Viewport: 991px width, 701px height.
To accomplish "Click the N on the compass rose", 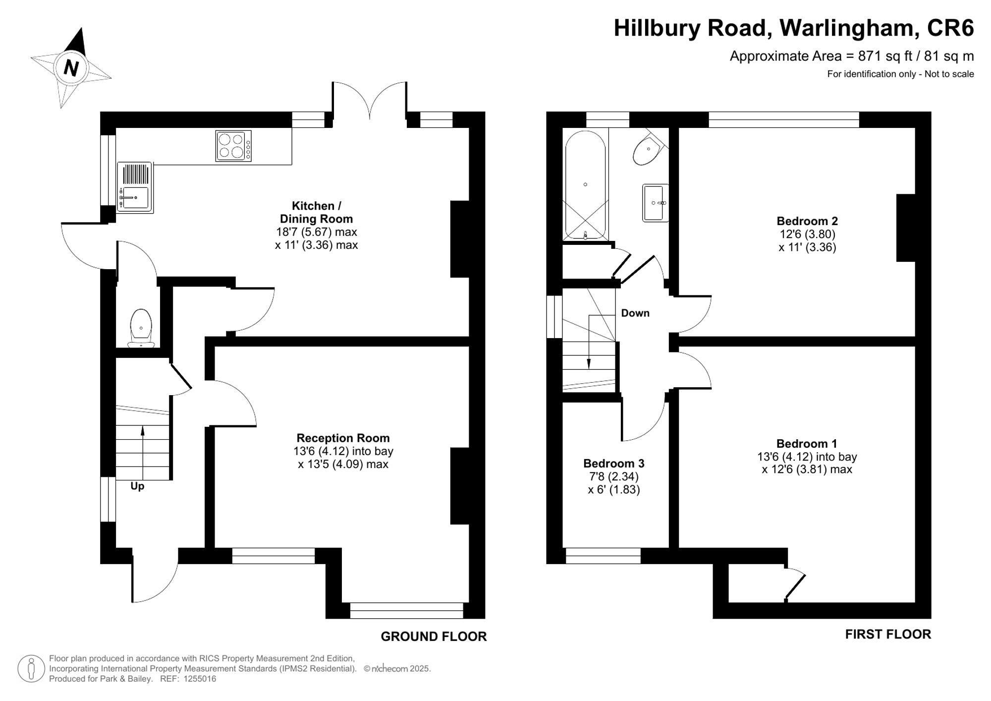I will pyautogui.click(x=71, y=67).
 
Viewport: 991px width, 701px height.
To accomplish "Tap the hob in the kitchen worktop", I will pyautogui.click(x=233, y=146).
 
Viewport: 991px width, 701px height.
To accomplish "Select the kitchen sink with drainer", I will pyautogui.click(x=135, y=188).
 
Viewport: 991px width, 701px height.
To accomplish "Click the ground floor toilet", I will pyautogui.click(x=141, y=328).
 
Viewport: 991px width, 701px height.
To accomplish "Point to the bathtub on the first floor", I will pyautogui.click(x=585, y=184).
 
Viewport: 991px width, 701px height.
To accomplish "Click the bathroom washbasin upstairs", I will pyautogui.click(x=655, y=202).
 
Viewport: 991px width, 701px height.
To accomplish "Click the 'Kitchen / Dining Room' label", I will pyautogui.click(x=316, y=212).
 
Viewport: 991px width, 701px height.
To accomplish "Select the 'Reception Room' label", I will pyautogui.click(x=343, y=438).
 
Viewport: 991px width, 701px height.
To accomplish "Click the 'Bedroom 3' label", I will pyautogui.click(x=613, y=464).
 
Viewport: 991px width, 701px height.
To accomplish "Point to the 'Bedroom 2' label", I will pyautogui.click(x=807, y=221).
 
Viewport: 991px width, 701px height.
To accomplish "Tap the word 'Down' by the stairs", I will pyautogui.click(x=635, y=313).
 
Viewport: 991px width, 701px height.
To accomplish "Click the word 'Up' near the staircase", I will pyautogui.click(x=137, y=486).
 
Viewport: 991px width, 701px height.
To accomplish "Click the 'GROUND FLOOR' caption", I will pyautogui.click(x=434, y=637).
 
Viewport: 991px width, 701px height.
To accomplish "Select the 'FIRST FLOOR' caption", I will pyautogui.click(x=887, y=634).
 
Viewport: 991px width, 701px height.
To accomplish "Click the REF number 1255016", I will pyautogui.click(x=200, y=679).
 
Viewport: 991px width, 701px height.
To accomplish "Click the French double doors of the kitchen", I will pyautogui.click(x=370, y=102).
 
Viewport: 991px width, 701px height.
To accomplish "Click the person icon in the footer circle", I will pyautogui.click(x=31, y=668).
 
